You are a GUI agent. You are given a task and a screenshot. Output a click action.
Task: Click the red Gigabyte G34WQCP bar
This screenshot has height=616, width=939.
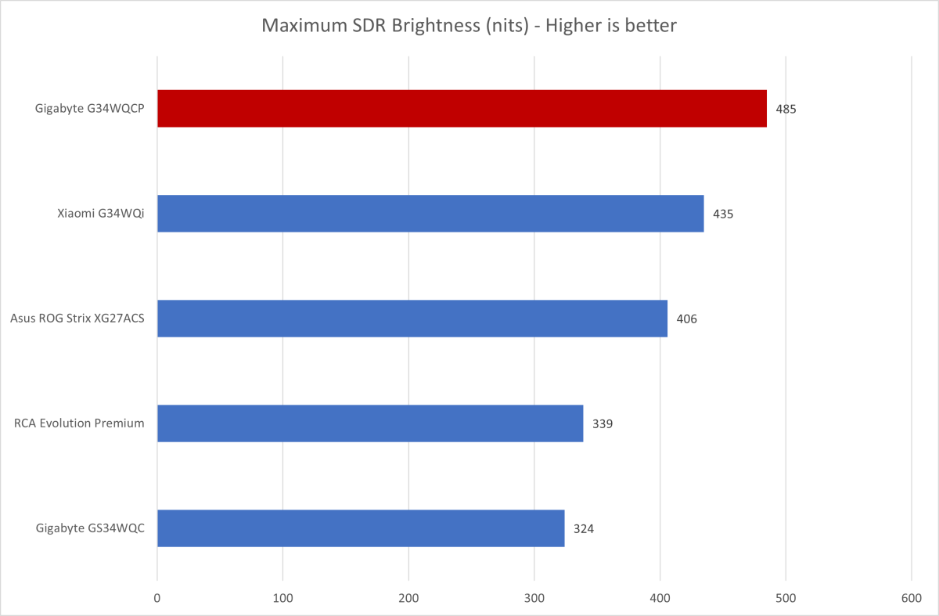462,108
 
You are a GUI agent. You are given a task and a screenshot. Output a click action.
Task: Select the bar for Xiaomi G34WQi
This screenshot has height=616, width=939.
430,213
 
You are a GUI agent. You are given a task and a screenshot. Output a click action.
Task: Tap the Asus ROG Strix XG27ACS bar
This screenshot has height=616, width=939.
412,319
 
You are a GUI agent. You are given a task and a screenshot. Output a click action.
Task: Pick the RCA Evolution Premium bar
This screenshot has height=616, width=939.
370,423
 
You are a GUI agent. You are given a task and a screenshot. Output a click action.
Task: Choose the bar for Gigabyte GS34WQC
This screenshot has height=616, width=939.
361,528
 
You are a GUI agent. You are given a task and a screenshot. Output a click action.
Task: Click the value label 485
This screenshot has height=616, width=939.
786,109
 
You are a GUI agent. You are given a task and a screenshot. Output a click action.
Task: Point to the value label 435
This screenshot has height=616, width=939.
723,214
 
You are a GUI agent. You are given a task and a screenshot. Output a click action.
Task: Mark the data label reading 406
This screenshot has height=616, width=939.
686,319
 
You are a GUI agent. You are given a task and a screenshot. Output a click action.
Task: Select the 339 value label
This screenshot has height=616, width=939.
603,424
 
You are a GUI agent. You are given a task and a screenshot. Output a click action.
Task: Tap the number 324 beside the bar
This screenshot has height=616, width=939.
584,529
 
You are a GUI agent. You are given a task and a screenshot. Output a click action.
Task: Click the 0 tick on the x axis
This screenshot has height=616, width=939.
157,597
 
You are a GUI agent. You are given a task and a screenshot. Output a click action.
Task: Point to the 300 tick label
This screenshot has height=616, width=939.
534,597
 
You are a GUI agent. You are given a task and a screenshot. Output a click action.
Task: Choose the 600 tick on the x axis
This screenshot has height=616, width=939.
912,597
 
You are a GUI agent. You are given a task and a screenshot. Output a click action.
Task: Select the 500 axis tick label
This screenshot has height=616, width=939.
786,597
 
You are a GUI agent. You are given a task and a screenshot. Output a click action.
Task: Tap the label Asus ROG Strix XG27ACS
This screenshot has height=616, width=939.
77,319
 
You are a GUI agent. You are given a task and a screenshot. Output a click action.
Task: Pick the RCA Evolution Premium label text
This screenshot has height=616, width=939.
79,423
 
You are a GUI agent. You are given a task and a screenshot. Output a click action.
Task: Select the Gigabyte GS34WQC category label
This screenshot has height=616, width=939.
90,528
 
